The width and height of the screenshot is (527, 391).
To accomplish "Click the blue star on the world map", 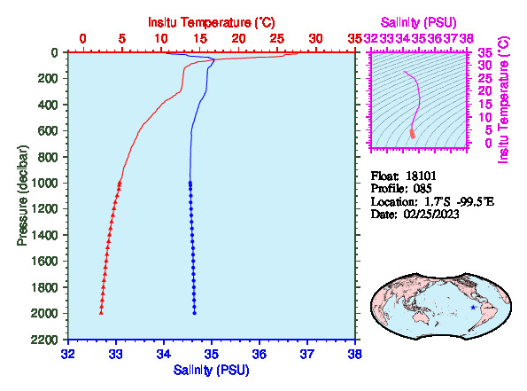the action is [473, 307].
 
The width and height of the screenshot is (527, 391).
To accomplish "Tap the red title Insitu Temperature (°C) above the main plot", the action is [212, 22].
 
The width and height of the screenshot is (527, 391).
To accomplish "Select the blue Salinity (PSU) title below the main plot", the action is [212, 370].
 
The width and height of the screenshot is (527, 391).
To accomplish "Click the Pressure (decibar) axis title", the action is [22, 195].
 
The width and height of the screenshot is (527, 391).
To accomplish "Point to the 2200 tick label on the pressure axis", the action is [44, 340].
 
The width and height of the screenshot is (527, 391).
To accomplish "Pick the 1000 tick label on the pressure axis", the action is [44, 183].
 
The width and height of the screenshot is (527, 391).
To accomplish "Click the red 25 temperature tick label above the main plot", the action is [277, 39].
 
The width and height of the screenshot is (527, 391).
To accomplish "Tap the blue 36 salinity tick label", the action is [260, 354].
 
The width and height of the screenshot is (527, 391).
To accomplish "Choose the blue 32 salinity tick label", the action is [68, 354].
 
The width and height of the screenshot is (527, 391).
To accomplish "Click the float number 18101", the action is [421, 176].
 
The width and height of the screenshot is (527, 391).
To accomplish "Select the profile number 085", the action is [422, 188].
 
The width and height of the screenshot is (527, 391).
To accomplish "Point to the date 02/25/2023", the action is [431, 214].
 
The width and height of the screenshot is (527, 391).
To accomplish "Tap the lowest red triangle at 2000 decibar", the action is [101, 313].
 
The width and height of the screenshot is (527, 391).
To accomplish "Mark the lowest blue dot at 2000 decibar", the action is [194, 313].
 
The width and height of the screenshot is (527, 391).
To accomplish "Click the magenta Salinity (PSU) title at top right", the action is [418, 22].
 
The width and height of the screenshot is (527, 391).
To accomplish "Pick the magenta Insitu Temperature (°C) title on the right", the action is [504, 100].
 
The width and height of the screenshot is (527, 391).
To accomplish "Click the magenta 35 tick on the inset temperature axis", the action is [485, 53].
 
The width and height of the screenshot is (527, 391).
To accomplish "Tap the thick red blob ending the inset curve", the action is [413, 134].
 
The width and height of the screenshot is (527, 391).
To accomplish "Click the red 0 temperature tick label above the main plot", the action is [82, 39].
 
